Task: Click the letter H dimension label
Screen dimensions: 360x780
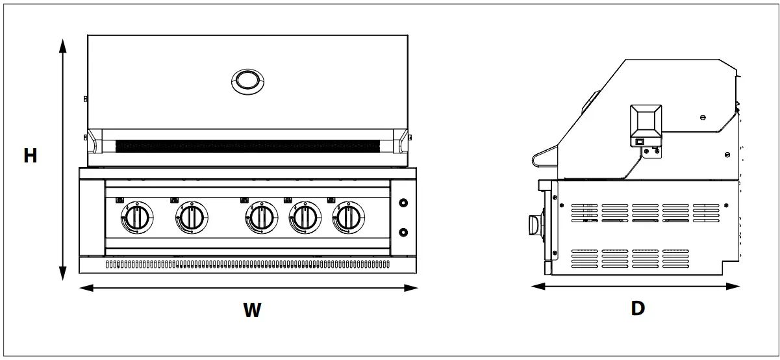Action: pos(30,156)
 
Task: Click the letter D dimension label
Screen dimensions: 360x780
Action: pos(638,308)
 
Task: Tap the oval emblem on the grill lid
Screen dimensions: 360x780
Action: pos(247,81)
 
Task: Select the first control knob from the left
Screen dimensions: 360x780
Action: pos(136,218)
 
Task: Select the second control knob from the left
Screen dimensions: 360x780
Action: pos(192,218)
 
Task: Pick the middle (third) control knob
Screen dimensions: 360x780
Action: pos(261,218)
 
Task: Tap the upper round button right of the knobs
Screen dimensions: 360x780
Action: pos(403,203)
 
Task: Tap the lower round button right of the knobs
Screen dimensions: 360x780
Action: pos(403,232)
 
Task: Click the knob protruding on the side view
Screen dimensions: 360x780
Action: pos(534,225)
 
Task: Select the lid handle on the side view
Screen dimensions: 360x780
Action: pos(543,158)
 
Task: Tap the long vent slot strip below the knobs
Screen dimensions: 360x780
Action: pos(247,264)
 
